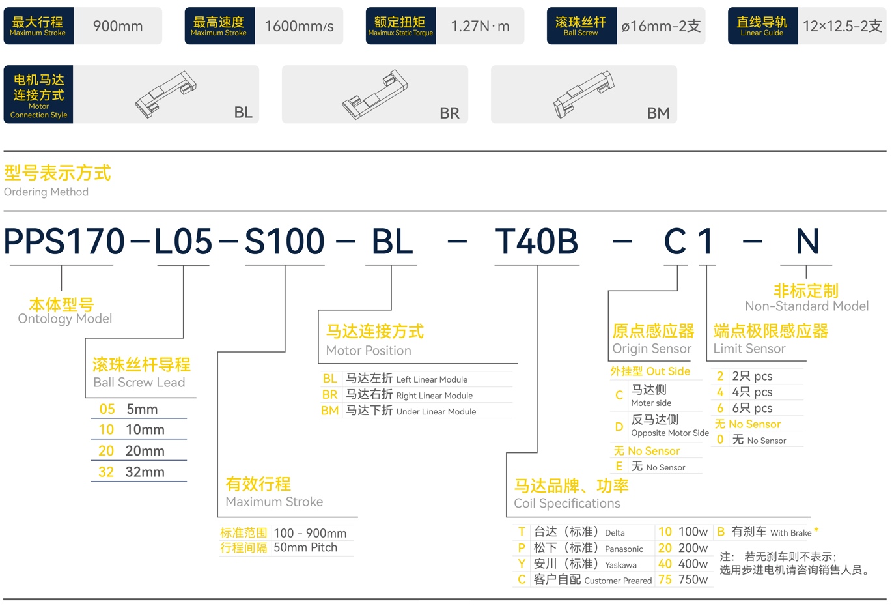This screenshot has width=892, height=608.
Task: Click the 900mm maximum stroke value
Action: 118,26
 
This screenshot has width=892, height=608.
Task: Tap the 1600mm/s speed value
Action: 299,26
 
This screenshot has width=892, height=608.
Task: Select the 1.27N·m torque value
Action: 480,26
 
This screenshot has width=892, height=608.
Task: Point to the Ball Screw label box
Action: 581,25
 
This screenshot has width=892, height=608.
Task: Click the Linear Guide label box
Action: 762,25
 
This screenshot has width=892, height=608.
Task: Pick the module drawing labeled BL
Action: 165,94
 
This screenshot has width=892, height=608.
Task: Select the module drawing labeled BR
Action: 375,94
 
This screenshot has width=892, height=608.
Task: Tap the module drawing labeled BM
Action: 584,94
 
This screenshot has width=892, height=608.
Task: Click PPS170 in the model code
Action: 64,241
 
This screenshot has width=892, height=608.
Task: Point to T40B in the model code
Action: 536,241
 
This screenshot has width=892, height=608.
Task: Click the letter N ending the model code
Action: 807,241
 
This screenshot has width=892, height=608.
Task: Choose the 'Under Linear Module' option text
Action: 436,411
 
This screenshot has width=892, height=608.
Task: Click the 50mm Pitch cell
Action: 305,547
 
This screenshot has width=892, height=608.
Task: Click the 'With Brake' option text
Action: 790,532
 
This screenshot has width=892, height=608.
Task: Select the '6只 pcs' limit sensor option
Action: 752,408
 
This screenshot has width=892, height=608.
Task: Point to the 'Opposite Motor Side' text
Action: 670,433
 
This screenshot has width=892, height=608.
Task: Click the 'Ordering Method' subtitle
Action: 46,192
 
